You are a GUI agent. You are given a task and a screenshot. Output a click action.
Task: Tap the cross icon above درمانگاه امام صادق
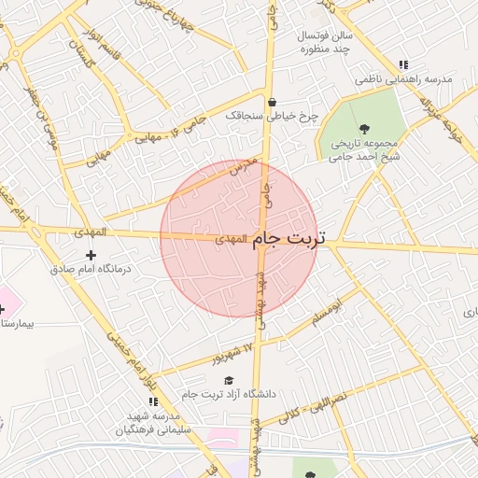point(91,255)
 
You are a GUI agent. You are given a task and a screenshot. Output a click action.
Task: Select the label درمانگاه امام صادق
point(91,269)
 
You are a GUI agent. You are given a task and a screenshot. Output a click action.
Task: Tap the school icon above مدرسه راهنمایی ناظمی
point(402,65)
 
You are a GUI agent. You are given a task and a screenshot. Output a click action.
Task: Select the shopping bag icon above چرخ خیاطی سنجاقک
point(272,103)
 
